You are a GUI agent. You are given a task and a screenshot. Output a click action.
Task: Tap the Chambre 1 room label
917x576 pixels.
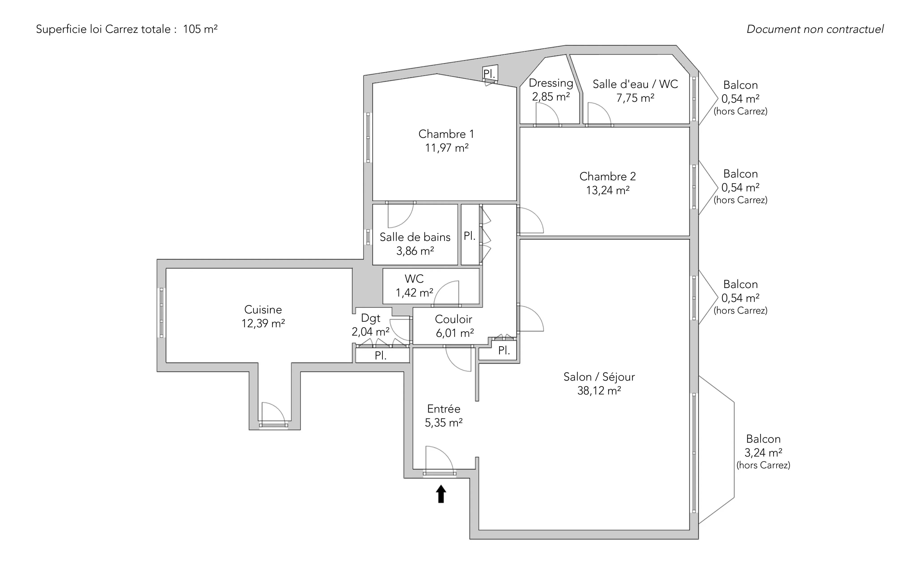(446, 134)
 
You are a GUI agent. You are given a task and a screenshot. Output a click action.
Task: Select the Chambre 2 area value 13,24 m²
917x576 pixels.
(608, 190)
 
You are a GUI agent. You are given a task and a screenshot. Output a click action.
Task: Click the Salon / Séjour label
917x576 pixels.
(599, 377)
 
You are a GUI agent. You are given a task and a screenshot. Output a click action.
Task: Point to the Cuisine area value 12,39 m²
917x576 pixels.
(263, 323)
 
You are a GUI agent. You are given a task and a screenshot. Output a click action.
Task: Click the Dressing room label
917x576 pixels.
(551, 83)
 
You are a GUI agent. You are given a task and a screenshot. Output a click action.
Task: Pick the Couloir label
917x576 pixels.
(454, 319)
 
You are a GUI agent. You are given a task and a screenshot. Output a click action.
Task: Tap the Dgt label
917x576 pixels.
(371, 318)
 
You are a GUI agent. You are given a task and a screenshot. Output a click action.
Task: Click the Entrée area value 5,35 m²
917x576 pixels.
(444, 422)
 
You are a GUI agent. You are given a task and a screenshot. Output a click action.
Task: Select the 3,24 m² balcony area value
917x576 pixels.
(763, 453)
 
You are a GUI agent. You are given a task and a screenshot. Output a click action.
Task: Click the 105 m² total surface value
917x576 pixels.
(200, 29)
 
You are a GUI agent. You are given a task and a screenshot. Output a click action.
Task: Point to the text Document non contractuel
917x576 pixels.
(815, 29)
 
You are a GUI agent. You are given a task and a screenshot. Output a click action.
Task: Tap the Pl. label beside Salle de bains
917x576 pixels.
(469, 236)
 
